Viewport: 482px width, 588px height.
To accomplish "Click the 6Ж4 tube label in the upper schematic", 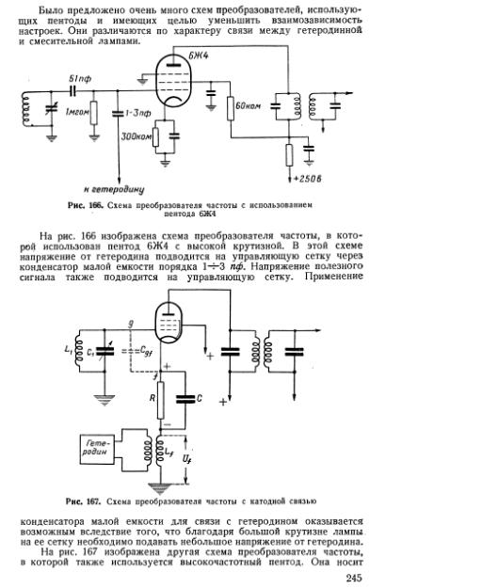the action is click(x=198, y=56).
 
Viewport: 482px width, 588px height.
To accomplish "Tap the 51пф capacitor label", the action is click(x=80, y=79).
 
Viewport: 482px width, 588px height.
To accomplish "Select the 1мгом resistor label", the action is click(x=76, y=112).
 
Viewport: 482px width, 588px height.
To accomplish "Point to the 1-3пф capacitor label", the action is click(x=137, y=113).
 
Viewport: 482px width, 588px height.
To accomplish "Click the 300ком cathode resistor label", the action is click(x=137, y=136).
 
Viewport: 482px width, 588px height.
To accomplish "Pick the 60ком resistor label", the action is click(x=248, y=105).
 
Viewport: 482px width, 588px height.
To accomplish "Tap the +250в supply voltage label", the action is click(x=308, y=179).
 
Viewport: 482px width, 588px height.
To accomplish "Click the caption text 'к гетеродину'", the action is click(x=114, y=189).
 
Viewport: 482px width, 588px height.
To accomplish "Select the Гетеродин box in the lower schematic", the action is click(x=97, y=449).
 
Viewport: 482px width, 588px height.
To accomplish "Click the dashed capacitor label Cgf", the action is click(x=145, y=351).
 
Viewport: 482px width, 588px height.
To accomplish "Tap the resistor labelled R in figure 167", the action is click(x=160, y=400).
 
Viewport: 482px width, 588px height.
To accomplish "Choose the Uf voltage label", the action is click(x=186, y=459).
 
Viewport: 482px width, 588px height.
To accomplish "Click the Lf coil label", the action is click(x=169, y=453).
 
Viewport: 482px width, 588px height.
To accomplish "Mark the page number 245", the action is click(x=354, y=578).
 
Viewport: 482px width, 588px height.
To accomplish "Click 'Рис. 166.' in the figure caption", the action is click(x=86, y=205).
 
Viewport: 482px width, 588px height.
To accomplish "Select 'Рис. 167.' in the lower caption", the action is click(x=83, y=501).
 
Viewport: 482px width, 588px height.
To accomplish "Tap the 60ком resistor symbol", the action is click(x=231, y=108).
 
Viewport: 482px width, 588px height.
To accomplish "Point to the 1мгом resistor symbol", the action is click(x=94, y=113).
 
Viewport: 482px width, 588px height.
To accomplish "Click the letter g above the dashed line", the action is click(x=131, y=324).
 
